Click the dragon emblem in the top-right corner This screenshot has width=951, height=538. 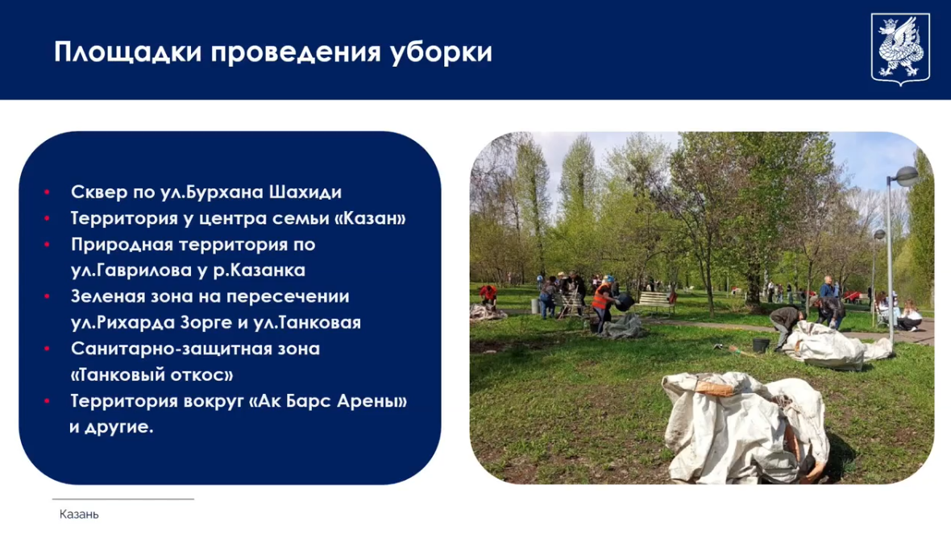tap(900, 48)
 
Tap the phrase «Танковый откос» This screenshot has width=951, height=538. tap(152, 375)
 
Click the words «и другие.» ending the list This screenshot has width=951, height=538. tap(111, 427)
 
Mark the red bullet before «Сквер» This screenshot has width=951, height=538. tap(48, 192)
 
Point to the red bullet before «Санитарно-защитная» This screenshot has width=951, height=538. tap(48, 349)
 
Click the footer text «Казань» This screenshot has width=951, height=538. tap(79, 514)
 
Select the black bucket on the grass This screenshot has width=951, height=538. tap(760, 345)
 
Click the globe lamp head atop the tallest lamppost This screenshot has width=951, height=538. tap(907, 175)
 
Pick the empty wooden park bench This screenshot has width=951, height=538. tap(654, 302)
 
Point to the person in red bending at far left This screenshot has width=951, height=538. tap(488, 296)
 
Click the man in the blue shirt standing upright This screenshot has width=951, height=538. tap(827, 290)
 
